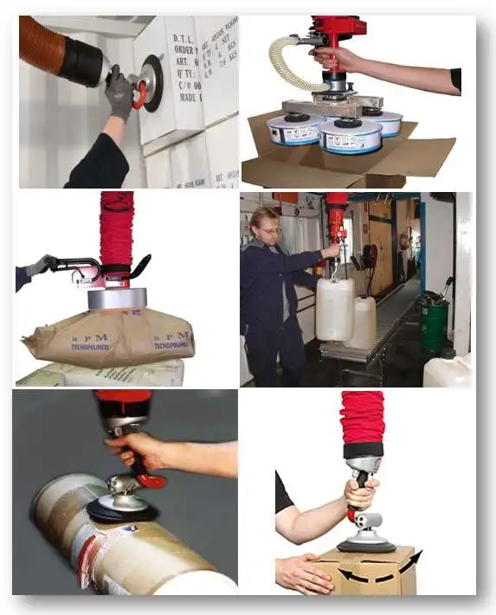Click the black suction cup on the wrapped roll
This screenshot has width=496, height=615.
(x=121, y=510)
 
